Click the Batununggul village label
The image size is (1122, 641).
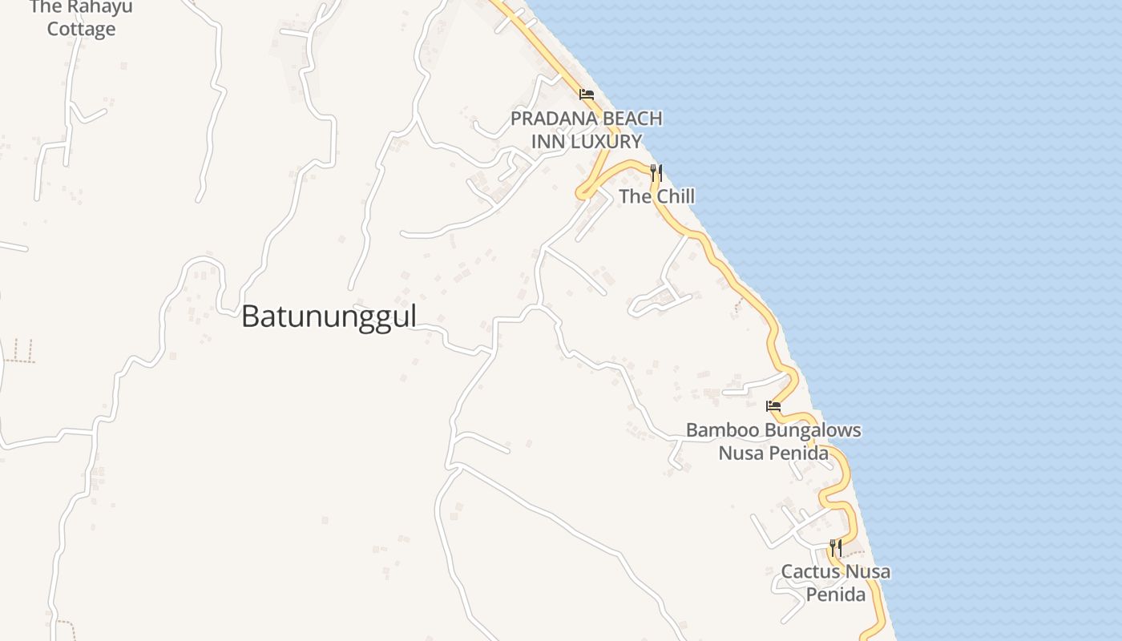(x=329, y=316)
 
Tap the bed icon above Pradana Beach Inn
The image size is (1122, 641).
(x=587, y=95)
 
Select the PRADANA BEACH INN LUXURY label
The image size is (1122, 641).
(x=587, y=130)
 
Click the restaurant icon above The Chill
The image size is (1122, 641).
(x=656, y=172)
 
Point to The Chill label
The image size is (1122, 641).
(x=656, y=196)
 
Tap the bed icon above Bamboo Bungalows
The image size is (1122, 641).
(x=773, y=406)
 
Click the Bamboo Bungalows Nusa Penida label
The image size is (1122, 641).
(x=773, y=441)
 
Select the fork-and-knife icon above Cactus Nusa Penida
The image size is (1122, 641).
(x=835, y=548)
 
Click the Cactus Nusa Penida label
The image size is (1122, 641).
(x=836, y=583)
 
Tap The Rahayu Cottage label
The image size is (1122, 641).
(x=81, y=18)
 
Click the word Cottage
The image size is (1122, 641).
(x=81, y=30)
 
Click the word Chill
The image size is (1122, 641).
(x=675, y=196)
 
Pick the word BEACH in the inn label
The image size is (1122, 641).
(x=632, y=119)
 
